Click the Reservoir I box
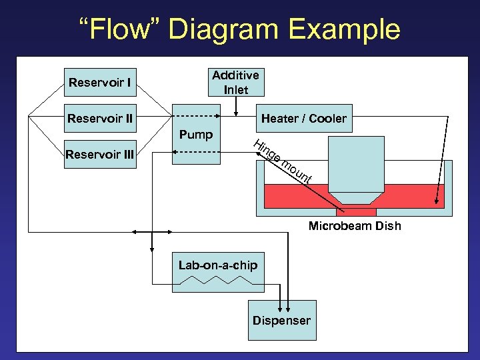[x=99, y=83]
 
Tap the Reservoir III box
[x=99, y=155]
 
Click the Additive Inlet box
[x=235, y=83]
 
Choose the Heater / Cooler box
[x=303, y=119]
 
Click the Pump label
[x=195, y=135]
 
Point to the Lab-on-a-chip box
[x=217, y=272]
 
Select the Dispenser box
[x=281, y=321]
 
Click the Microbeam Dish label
[x=355, y=226]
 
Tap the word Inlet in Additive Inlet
[x=236, y=90]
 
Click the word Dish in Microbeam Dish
[x=388, y=226]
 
